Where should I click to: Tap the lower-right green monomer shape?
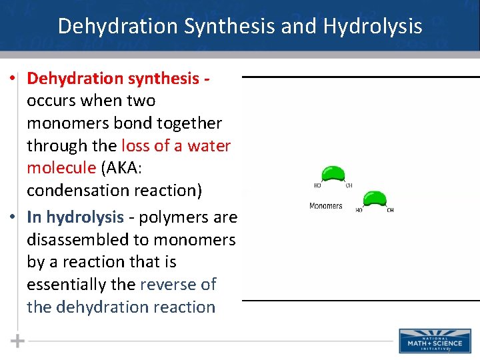click(374, 199)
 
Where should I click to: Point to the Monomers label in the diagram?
click(326, 206)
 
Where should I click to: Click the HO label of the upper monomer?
click(318, 185)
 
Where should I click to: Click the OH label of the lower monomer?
click(390, 210)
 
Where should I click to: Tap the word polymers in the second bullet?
click(175, 217)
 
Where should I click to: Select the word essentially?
click(68, 285)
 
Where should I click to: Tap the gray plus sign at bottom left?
click(18, 341)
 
